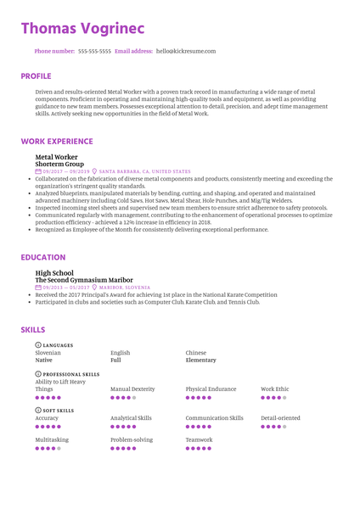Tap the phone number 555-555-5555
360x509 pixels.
[94, 51]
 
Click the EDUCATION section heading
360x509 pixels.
[43, 257]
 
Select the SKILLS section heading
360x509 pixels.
[33, 329]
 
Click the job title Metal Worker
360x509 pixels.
[55, 157]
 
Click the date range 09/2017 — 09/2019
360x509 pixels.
[65, 171]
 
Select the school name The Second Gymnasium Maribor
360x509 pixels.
[84, 280]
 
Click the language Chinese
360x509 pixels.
[196, 352]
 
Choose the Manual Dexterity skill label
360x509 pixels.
[132, 389]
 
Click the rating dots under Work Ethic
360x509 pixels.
[273, 397]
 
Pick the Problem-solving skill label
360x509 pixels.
[132, 440]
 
